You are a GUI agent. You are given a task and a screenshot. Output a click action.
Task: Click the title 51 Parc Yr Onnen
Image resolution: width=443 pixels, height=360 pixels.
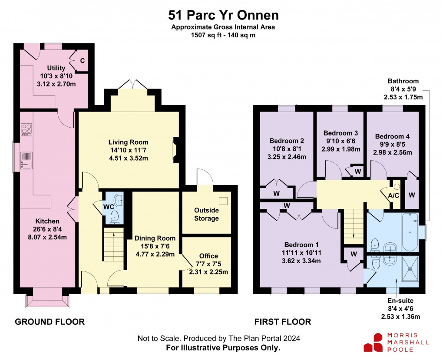tap(223, 15)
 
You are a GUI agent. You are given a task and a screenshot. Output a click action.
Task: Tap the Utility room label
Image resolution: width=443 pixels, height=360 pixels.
tap(56, 68)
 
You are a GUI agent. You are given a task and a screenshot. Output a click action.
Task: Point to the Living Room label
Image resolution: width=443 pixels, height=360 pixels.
tap(128, 142)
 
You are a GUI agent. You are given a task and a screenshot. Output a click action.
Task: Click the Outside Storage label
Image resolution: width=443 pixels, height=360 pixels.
tap(206, 214)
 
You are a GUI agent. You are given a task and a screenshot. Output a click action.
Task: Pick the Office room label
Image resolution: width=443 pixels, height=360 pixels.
tap(208, 256)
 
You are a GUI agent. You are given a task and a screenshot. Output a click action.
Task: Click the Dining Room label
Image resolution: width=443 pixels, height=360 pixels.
tap(155, 238)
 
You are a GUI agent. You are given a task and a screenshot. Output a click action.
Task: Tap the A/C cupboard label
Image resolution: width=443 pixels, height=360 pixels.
tap(393, 195)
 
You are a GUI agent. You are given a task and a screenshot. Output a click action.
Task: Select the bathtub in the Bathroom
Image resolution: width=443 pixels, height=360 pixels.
tap(410, 232)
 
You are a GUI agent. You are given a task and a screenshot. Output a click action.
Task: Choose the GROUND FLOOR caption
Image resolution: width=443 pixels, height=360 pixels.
tap(50, 322)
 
